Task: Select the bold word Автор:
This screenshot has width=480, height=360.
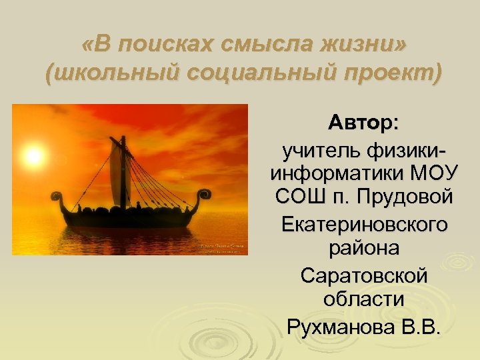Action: [363, 123]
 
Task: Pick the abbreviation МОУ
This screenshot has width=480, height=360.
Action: [433, 174]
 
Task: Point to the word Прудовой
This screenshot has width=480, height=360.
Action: [407, 198]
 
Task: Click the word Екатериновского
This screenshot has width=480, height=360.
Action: [363, 225]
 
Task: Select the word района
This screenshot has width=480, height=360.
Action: [363, 249]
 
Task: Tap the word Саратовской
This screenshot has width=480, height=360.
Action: [363, 275]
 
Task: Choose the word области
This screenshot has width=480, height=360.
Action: [363, 299]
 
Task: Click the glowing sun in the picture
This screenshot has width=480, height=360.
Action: [32, 157]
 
